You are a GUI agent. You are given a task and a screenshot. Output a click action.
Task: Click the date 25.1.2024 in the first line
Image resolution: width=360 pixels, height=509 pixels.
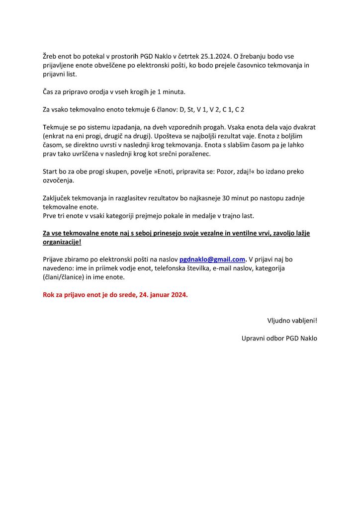point(214,56)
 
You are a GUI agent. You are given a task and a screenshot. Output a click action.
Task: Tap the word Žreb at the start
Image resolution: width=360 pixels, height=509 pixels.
point(51,56)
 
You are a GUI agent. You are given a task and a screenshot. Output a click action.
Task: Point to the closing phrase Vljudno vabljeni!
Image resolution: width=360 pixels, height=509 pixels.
point(292,320)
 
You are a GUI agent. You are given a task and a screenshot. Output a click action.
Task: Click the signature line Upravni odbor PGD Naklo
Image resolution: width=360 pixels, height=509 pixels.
point(279,339)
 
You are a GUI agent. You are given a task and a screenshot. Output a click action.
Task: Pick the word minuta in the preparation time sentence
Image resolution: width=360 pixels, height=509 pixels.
point(174,92)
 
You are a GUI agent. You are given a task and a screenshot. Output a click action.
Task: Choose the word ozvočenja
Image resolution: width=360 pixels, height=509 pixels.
point(58,180)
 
